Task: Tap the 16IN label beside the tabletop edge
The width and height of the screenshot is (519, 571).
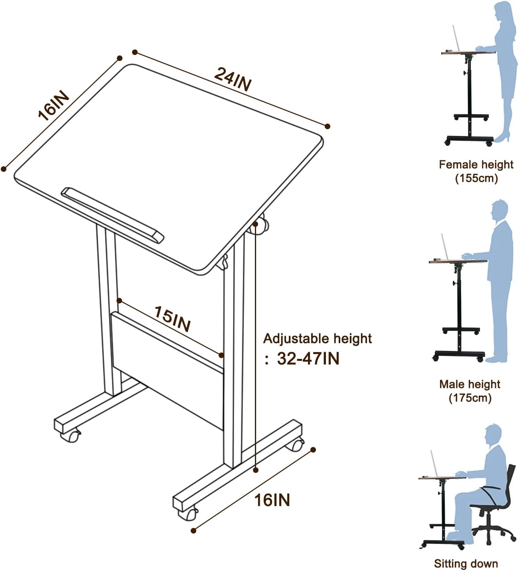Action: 53,106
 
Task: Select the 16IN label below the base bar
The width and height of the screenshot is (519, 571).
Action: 272,500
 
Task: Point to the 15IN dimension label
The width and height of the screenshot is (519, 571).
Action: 172,319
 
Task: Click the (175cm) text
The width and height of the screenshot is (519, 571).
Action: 470,398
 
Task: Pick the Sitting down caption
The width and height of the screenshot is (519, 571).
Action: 466,563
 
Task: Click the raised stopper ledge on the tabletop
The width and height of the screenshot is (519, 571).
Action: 112,215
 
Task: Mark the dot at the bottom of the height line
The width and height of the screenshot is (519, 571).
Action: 256,471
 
